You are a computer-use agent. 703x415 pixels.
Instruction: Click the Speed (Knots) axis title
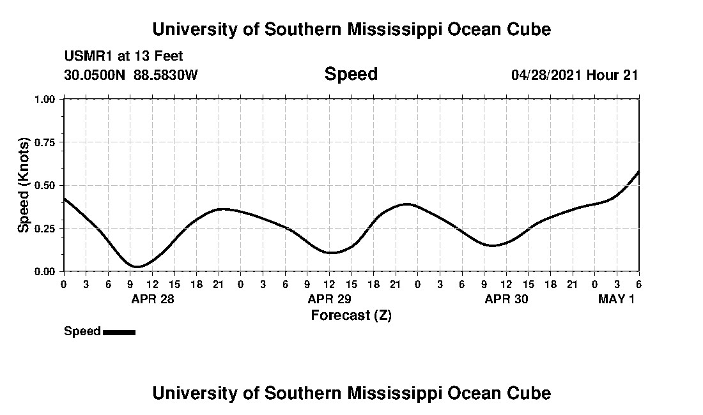[x=24, y=185]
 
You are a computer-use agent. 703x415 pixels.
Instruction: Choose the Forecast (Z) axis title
[x=351, y=315]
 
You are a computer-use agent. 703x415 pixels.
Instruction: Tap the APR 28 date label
[x=152, y=299]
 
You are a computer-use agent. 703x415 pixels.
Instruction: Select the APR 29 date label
[x=329, y=299]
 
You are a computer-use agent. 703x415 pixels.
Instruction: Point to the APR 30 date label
[x=506, y=299]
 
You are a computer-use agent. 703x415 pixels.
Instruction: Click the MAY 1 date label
[x=616, y=299]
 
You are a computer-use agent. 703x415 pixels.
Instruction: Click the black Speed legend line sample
[x=119, y=332]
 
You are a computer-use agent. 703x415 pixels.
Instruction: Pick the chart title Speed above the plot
[x=351, y=74]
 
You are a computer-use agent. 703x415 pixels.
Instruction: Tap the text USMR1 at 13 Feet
[x=123, y=56]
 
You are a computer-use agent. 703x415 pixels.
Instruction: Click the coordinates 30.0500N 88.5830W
[x=131, y=75]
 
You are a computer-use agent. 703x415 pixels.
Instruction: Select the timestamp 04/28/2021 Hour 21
[x=575, y=75]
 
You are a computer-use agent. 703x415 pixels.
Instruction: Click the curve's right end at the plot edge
[x=638, y=172]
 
